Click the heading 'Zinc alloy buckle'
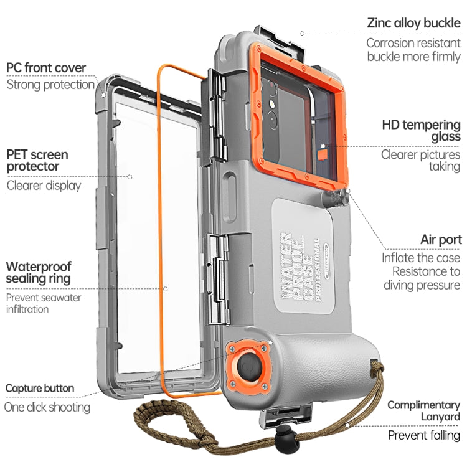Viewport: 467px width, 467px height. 413,24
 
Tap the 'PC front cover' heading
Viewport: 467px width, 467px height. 46,68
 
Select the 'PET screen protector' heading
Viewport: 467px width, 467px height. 37,161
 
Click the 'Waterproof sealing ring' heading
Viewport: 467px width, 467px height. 39,272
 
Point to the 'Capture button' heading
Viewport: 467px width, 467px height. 40,389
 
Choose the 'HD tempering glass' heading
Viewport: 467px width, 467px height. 421,130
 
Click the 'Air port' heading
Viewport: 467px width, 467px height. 441,240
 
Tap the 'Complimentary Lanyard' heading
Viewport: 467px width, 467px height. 423,411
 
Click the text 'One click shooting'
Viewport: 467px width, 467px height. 47,408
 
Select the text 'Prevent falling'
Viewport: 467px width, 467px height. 424,435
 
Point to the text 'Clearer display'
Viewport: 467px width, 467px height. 44,186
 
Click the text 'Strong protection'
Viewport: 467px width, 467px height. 50,85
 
